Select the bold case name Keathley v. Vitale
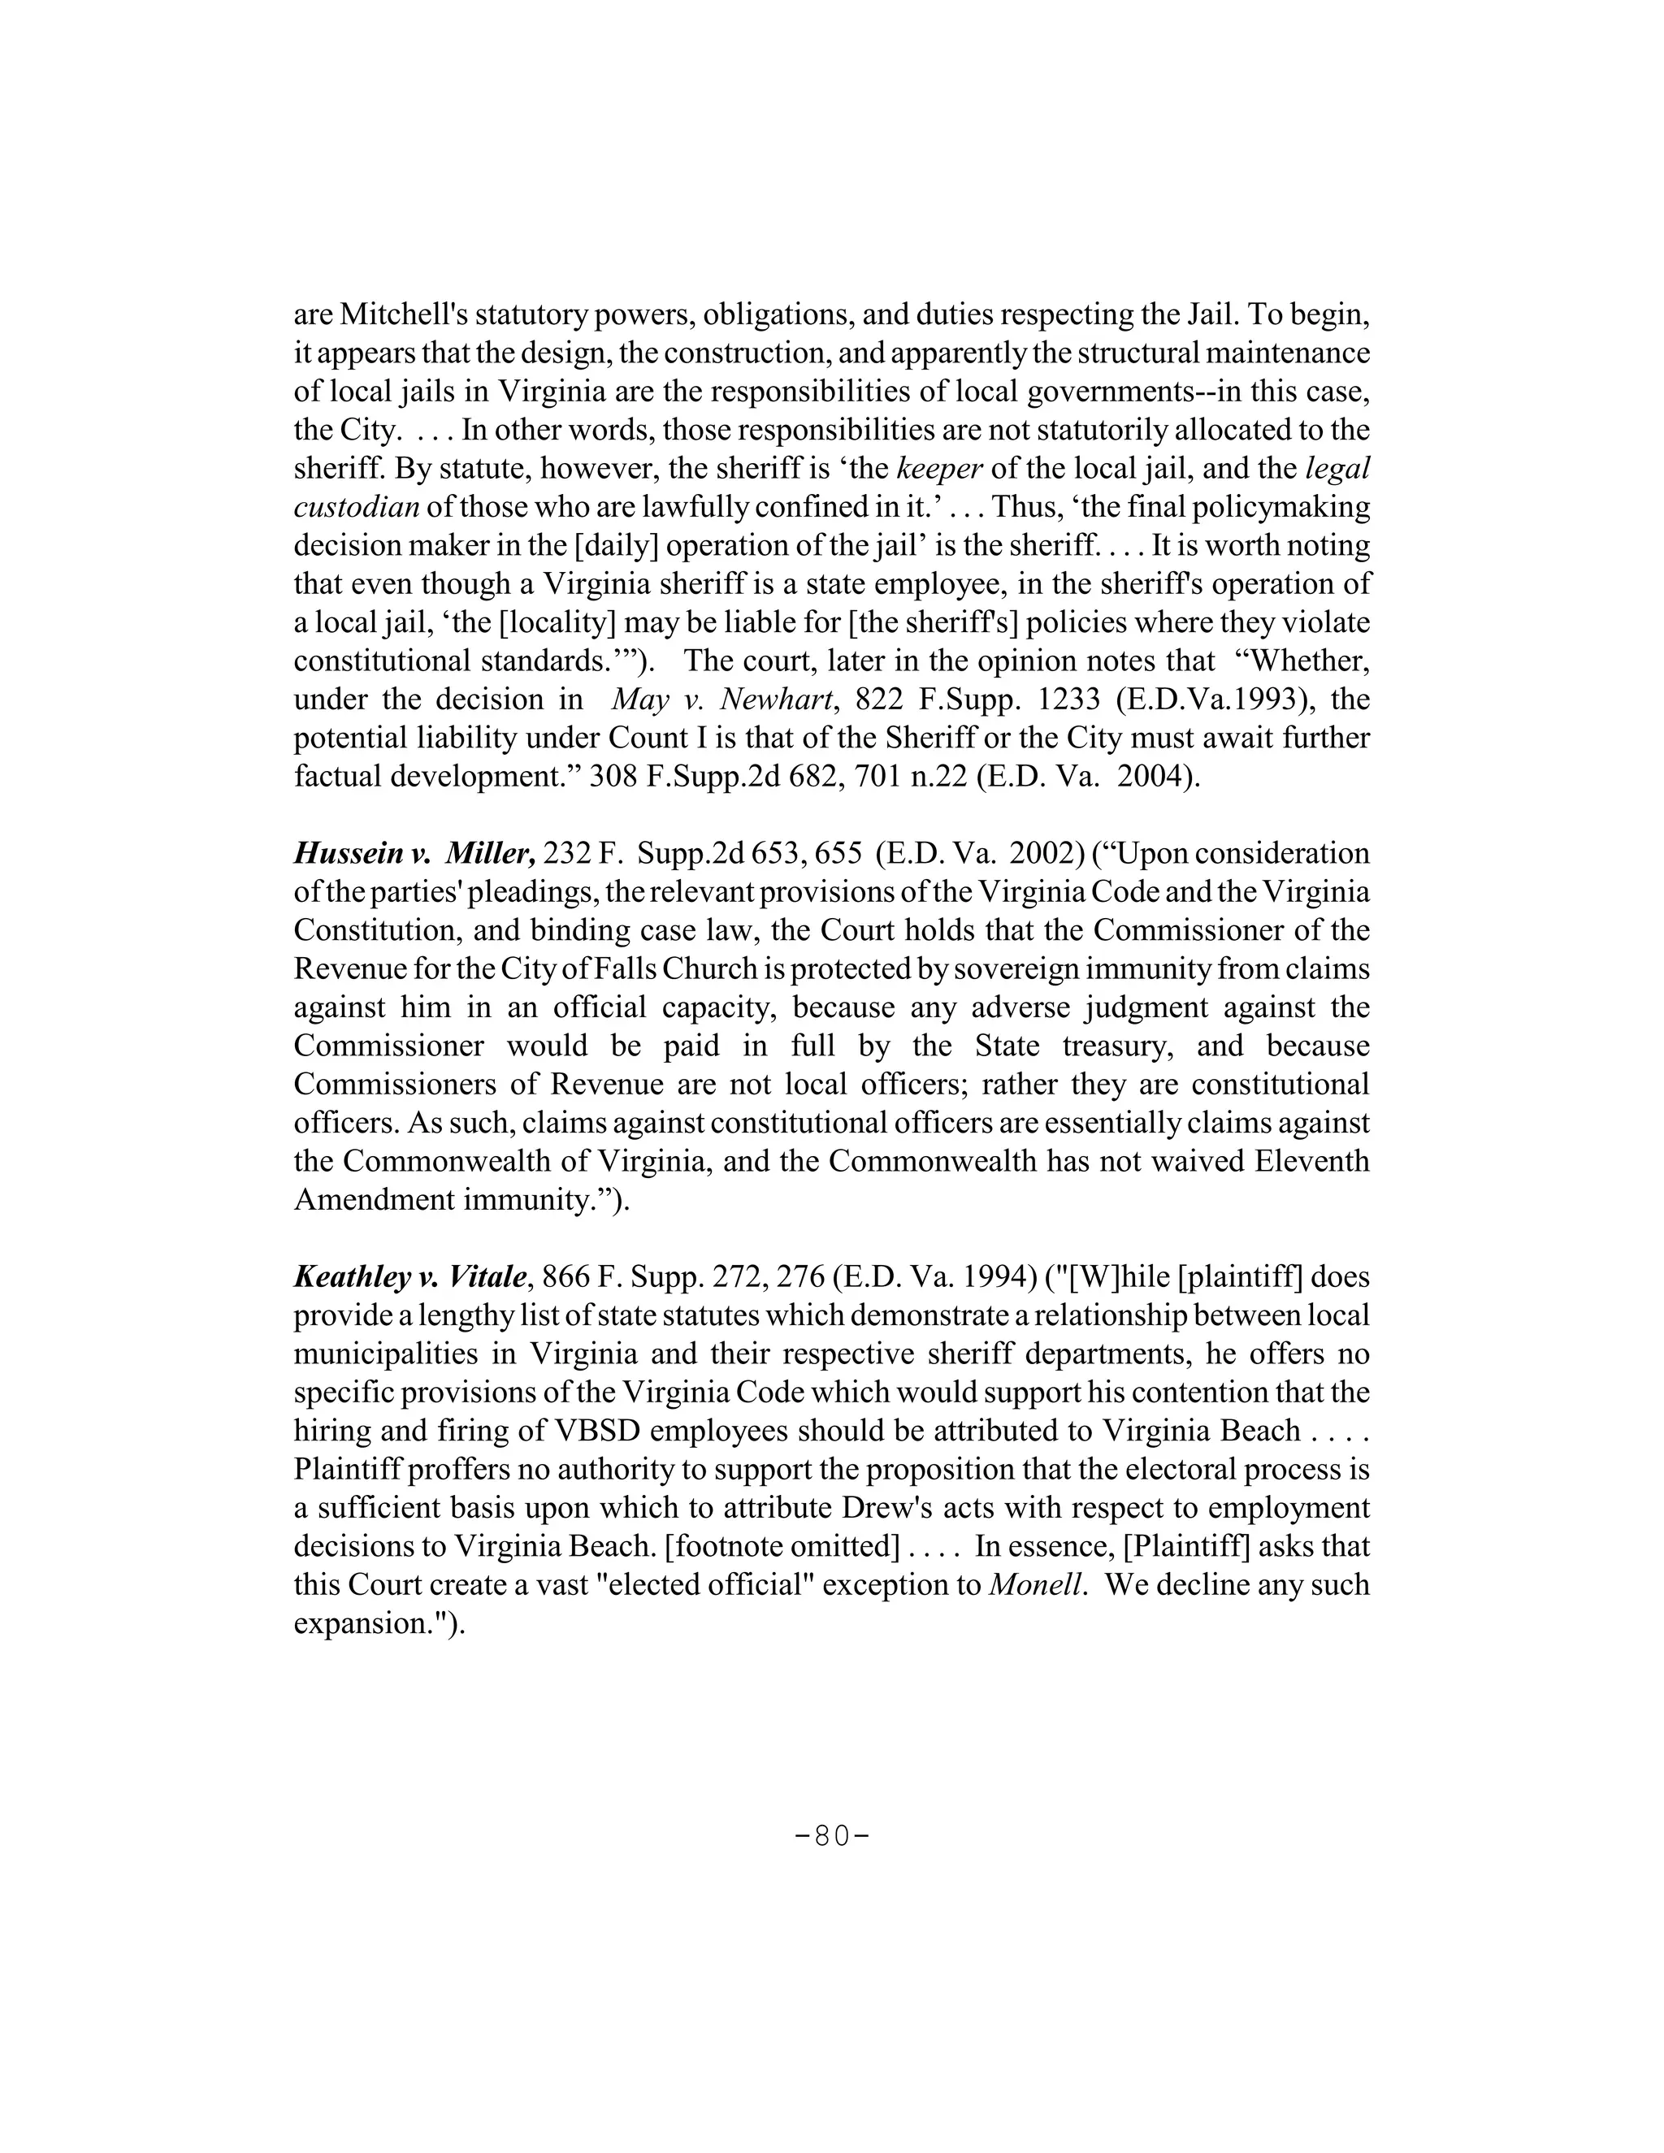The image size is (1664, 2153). coord(413,1278)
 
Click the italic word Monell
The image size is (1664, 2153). coord(1037,1585)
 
